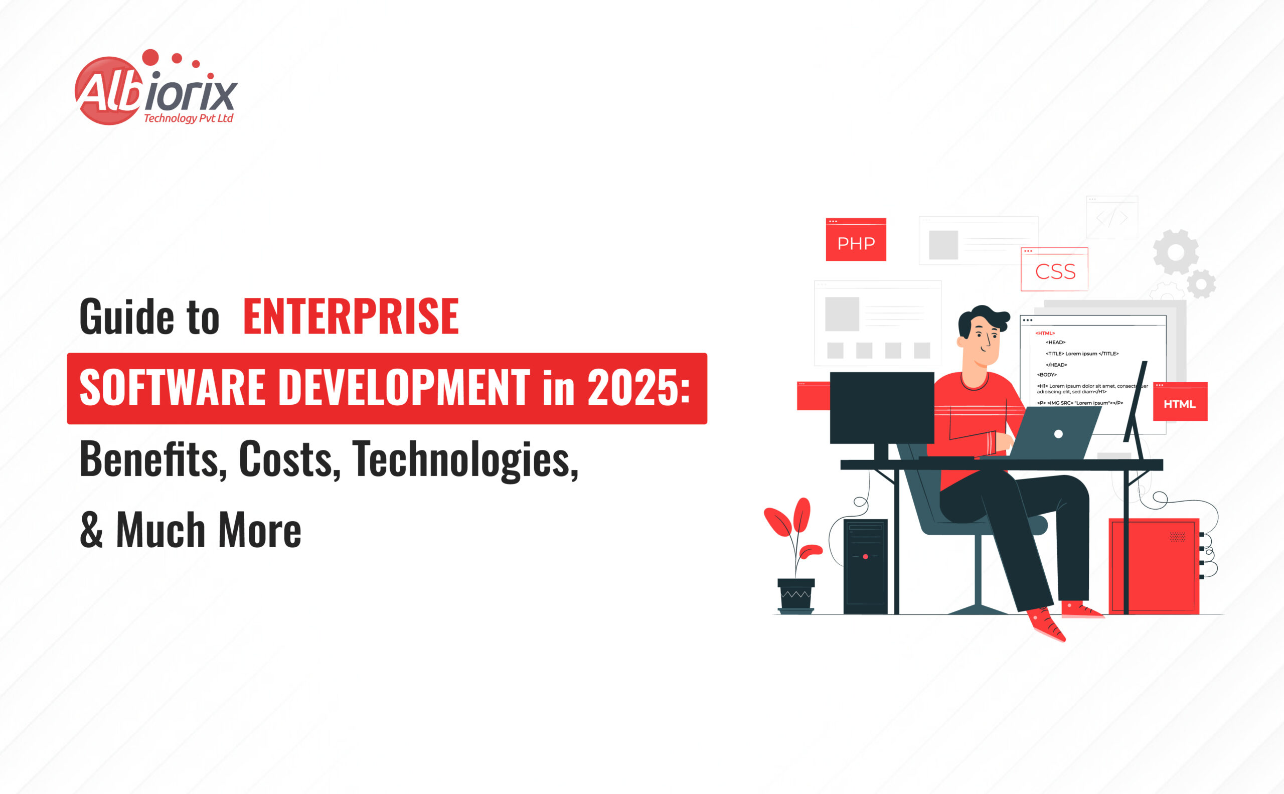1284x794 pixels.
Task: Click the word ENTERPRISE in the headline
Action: point(351,316)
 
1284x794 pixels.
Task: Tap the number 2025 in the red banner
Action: point(634,388)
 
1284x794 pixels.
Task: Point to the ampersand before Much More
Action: point(91,529)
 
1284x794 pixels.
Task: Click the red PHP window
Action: point(856,239)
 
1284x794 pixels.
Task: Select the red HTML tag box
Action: point(1180,401)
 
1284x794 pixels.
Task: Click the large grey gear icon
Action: point(1176,252)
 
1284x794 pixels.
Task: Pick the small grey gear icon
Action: point(1201,283)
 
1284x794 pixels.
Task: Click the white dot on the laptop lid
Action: point(1058,434)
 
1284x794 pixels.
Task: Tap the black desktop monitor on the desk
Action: point(882,408)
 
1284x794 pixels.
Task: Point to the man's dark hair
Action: point(982,319)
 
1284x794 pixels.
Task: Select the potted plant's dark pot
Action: point(796,595)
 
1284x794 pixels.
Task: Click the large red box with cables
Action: point(1154,566)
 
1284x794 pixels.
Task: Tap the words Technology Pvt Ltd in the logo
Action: point(188,119)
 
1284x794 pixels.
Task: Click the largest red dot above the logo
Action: point(150,57)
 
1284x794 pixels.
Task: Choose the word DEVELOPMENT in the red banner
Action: point(404,388)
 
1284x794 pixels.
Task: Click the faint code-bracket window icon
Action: point(1112,217)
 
